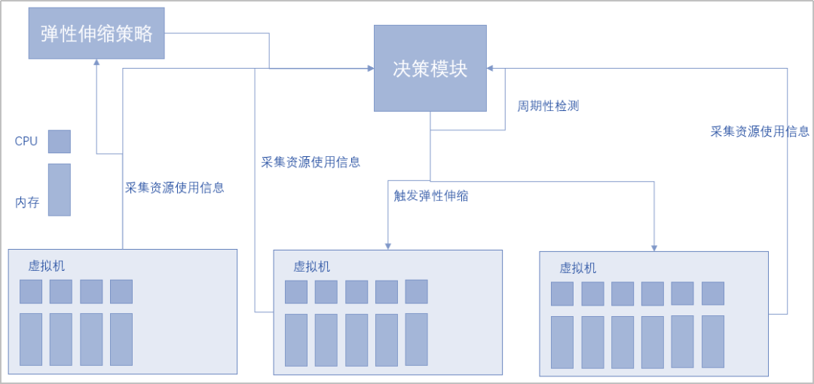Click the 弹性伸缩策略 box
[96, 33]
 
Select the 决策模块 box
[430, 69]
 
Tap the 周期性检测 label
[548, 106]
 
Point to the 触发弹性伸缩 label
[431, 196]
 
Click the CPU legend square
[60, 141]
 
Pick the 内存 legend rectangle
[60, 189]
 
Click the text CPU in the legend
[26, 142]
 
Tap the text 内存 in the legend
[26, 202]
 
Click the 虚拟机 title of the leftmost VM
[47, 266]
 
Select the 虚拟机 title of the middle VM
[312, 267]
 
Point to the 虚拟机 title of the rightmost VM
[578, 269]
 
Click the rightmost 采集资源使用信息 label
[760, 131]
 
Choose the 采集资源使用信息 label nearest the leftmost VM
[175, 188]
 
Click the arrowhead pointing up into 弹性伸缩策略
[96, 63]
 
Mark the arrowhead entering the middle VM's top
[388, 245]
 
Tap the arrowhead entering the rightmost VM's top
[654, 247]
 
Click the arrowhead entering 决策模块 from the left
[370, 69]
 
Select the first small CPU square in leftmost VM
[31, 291]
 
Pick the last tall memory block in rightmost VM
[713, 342]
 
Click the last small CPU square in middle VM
[416, 291]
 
